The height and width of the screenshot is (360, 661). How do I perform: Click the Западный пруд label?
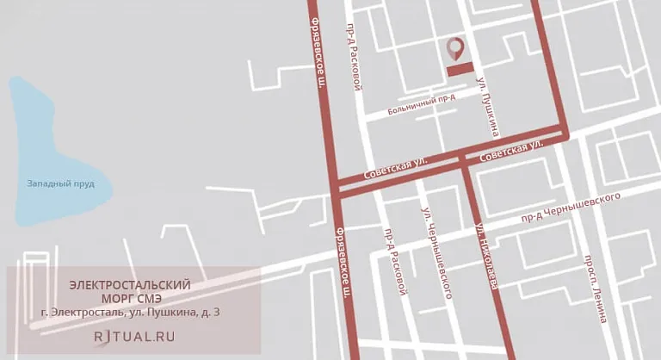(x=60, y=183)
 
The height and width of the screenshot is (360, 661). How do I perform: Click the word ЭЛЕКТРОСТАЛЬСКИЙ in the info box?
(x=130, y=285)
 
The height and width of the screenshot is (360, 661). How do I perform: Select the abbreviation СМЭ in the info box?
(x=158, y=298)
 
